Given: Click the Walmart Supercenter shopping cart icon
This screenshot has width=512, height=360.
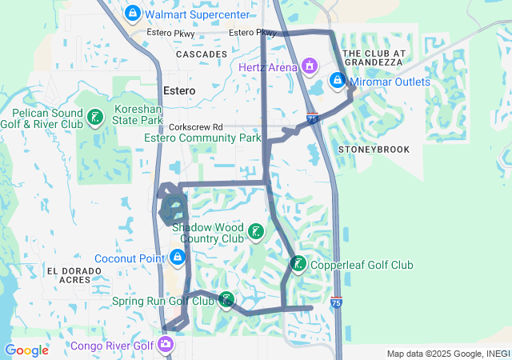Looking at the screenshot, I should pos(134,14).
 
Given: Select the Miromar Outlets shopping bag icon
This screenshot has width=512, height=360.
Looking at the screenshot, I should pos(338,81).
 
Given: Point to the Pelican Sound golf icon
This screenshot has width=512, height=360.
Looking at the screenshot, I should pos(94,119).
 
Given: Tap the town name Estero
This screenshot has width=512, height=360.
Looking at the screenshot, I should pos(178,90).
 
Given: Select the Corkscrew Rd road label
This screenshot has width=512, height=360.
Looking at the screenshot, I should pos(195,127).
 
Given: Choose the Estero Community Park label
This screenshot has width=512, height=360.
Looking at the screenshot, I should pos(202,138).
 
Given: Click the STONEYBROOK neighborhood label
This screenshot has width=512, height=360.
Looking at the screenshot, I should pos(374,150).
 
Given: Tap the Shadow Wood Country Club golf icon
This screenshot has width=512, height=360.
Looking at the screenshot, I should pos(254,233).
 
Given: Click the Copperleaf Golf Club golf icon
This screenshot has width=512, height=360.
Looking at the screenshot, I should pos(298,264).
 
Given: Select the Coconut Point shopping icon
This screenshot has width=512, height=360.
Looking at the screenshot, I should pos(177,258).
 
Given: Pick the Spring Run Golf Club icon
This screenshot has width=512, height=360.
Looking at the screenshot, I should pos(227,300).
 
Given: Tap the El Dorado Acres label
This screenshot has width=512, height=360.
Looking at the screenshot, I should pos(74,275).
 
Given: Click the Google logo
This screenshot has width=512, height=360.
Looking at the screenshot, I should pos(26,350).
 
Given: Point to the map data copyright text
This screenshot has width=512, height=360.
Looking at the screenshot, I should pos(446,354).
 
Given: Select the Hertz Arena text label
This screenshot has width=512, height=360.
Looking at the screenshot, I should pos(267,67).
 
